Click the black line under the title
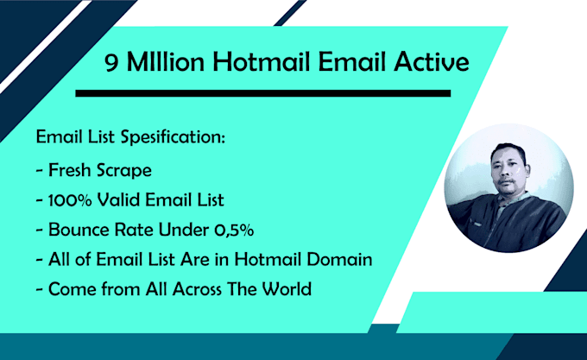(262, 92)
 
